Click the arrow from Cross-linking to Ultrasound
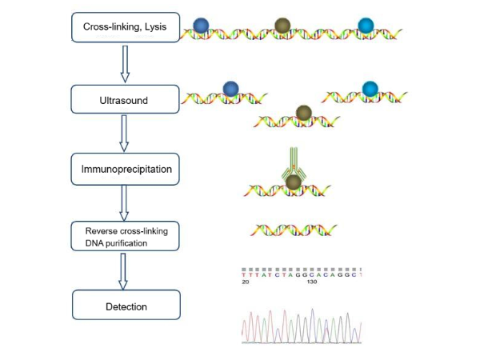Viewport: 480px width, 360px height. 125,63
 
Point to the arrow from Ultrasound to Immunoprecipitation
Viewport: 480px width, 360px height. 124,134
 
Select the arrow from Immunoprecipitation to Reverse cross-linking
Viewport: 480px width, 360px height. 124,202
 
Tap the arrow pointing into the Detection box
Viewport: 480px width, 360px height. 124,270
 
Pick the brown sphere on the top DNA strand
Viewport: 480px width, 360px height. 283,26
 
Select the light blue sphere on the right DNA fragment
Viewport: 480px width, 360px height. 370,88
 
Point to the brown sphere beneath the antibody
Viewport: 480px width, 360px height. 294,183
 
